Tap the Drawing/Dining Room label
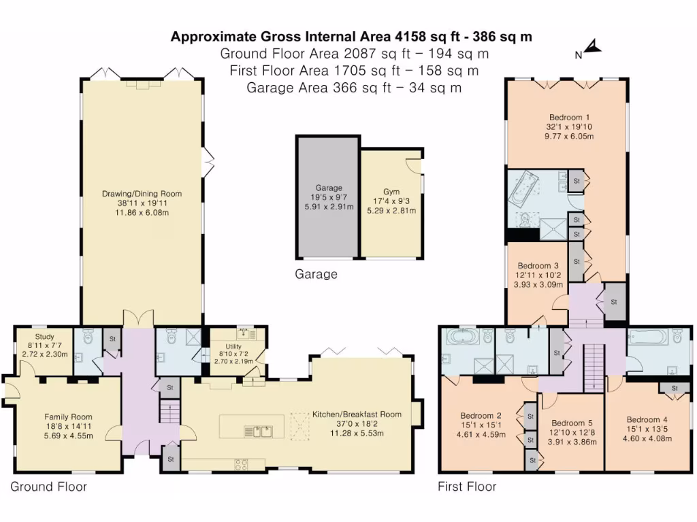tap(142, 194)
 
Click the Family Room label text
tap(68, 417)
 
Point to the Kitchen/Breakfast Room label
tap(357, 414)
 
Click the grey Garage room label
tap(328, 188)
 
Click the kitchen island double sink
tap(263, 430)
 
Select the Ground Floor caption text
tap(48, 487)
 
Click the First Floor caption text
tap(467, 487)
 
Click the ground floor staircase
tap(169, 412)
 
